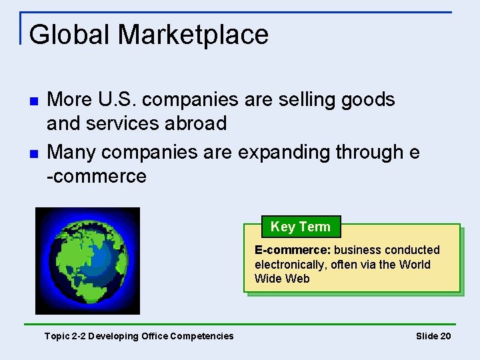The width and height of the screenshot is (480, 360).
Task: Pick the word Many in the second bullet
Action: [x=74, y=153]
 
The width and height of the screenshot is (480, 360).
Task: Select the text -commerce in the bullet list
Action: [x=97, y=177]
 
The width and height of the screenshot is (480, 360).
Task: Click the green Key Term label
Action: [x=300, y=227]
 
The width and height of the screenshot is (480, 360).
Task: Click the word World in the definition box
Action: [x=415, y=265]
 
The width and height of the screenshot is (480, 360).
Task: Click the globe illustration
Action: [x=87, y=261]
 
